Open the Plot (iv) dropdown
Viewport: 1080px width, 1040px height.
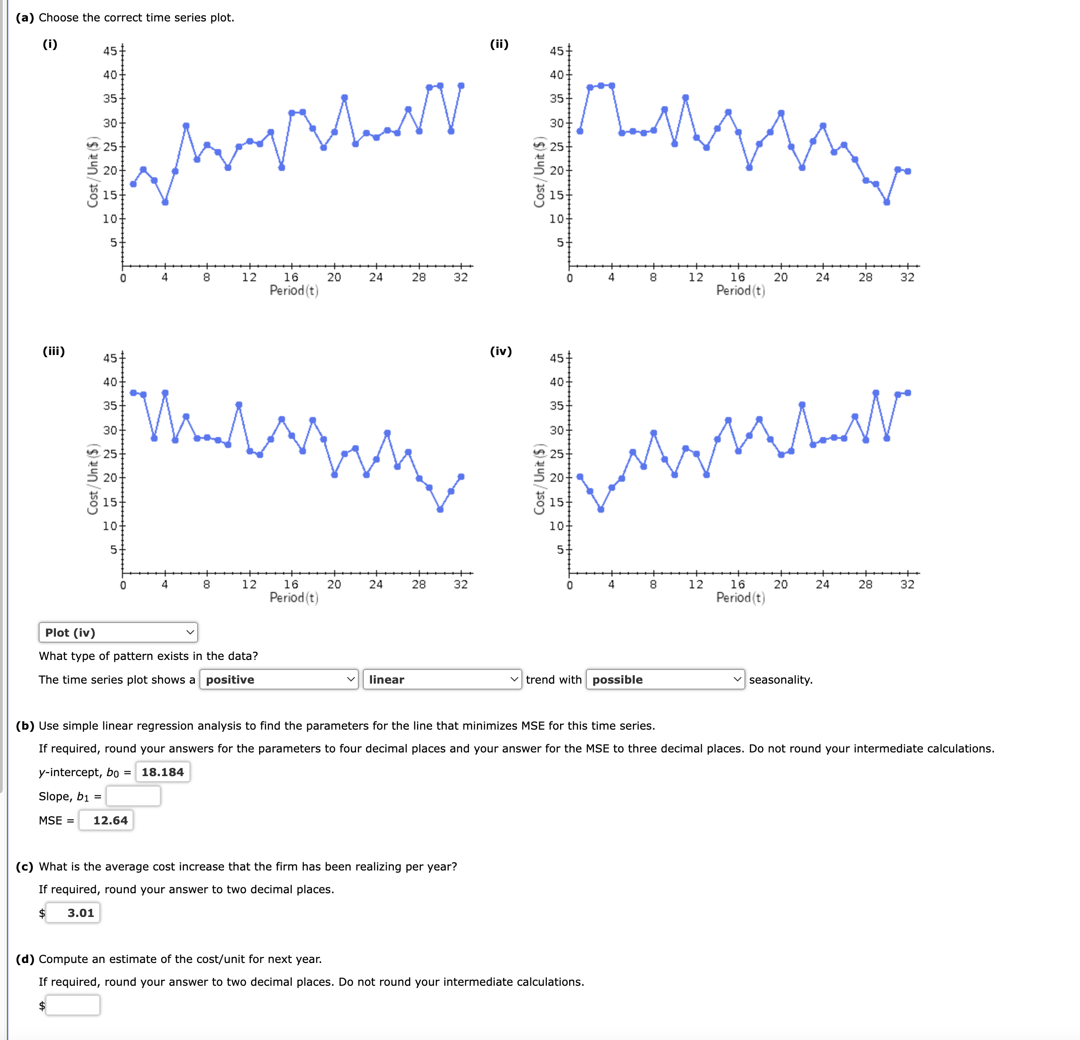(x=118, y=633)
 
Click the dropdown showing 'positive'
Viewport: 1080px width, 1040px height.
(x=279, y=680)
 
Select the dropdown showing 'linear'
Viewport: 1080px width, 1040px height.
(x=442, y=680)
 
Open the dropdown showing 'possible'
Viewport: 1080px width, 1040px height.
(x=665, y=680)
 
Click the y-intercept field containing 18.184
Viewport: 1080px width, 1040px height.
(x=163, y=772)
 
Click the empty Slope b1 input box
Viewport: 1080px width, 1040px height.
(x=133, y=796)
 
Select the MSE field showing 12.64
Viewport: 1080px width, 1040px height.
(x=106, y=820)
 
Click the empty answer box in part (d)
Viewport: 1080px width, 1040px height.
(x=73, y=1005)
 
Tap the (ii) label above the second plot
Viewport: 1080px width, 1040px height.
(x=499, y=44)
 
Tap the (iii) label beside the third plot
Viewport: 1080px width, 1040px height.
(x=53, y=351)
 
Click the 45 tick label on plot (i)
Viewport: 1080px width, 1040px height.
(x=110, y=51)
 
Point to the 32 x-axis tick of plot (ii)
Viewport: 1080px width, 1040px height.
(x=907, y=278)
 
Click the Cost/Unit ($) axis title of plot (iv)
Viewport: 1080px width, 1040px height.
(x=540, y=479)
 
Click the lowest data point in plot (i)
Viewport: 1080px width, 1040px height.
(x=165, y=202)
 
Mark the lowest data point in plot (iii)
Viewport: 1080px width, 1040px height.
(x=440, y=510)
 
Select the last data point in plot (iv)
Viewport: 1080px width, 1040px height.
(x=907, y=392)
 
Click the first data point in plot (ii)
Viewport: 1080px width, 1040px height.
(x=580, y=131)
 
